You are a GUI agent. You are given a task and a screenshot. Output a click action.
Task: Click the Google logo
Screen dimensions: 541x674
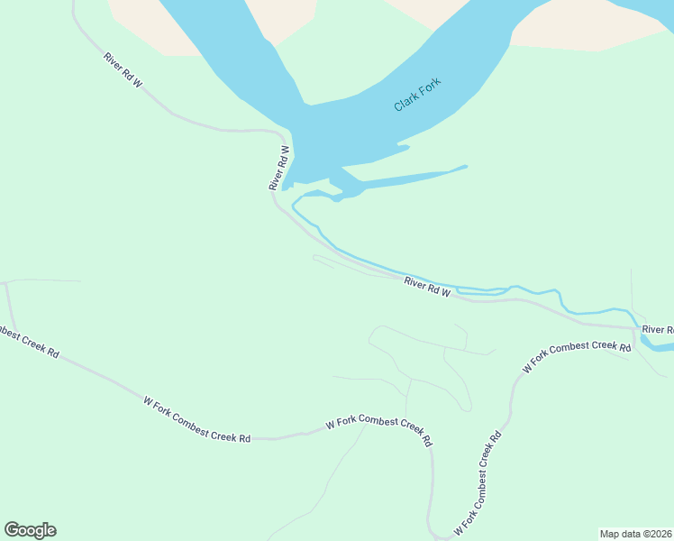pos(30,530)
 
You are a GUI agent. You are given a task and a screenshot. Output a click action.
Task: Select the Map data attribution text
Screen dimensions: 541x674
pos(636,534)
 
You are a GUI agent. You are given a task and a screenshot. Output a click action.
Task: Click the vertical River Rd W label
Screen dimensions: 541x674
pos(278,168)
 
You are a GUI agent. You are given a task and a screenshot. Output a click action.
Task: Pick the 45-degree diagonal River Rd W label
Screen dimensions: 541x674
pos(123,70)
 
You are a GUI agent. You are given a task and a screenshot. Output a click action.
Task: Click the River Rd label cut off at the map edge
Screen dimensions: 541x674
pos(657,330)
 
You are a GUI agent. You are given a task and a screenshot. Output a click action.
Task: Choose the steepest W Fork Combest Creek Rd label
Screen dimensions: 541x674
pos(477,485)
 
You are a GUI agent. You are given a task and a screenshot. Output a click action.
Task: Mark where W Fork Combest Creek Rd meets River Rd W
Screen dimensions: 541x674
pos(636,329)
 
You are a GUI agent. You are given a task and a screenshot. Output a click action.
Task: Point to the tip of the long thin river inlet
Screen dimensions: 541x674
pos(466,166)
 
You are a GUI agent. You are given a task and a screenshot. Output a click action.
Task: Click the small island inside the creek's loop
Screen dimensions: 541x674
pos(478,290)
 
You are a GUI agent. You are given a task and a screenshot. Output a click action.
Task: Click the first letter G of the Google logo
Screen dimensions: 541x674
pos(12,530)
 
